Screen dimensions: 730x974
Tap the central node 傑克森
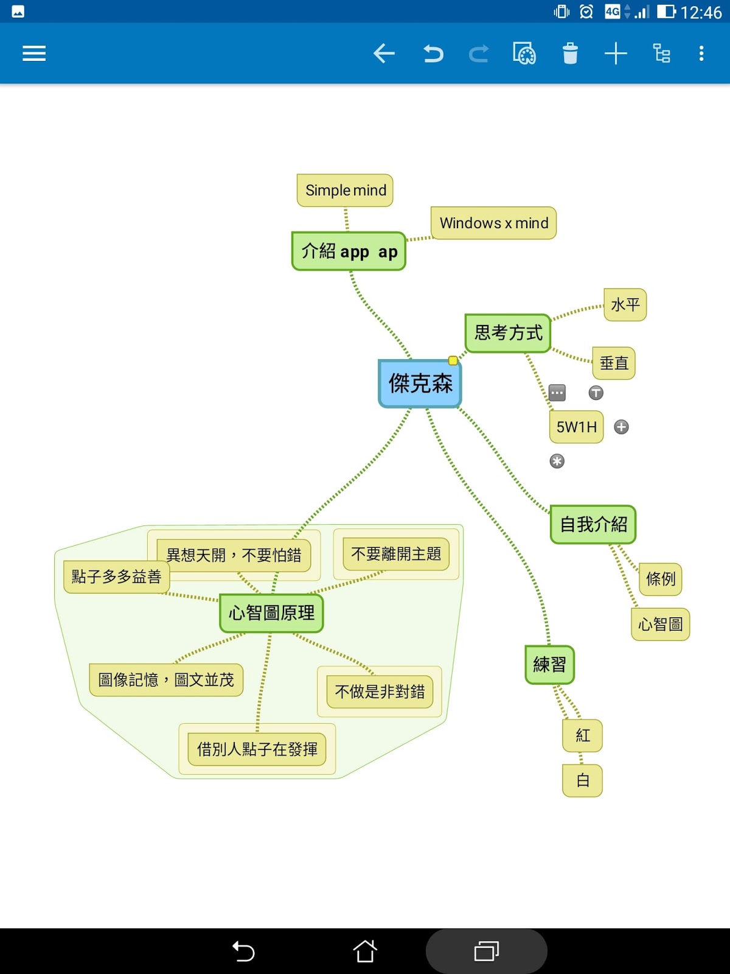[420, 384]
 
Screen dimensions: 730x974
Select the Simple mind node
[345, 191]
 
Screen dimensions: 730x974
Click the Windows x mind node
[493, 223]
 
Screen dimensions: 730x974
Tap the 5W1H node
[576, 427]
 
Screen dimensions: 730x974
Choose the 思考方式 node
[507, 333]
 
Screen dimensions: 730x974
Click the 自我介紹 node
[593, 525]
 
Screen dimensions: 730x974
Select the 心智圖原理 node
[271, 613]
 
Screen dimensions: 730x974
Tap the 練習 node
[549, 665]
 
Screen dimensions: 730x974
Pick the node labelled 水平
[625, 304]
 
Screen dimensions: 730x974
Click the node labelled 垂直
[614, 363]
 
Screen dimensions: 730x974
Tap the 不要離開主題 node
[396, 554]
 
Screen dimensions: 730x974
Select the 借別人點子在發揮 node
[257, 749]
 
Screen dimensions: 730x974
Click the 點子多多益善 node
[116, 576]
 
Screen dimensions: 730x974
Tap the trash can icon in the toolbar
[570, 54]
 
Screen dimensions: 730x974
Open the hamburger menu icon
[34, 54]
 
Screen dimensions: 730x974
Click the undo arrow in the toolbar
[433, 54]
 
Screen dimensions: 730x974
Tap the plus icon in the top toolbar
[616, 54]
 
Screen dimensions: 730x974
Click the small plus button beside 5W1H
[621, 427]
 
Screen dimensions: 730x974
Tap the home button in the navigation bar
[365, 951]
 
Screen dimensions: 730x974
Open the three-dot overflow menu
[701, 54]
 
